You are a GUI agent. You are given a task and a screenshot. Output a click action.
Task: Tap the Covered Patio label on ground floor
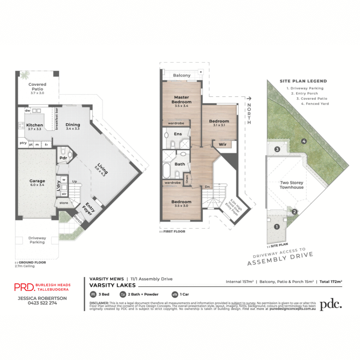pyautogui.click(x=37, y=87)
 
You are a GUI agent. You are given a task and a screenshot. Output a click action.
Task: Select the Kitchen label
pyautogui.click(x=34, y=125)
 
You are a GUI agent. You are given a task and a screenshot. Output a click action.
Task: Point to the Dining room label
pyautogui.click(x=73, y=125)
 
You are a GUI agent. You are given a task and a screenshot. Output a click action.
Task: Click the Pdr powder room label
pyautogui.click(x=63, y=158)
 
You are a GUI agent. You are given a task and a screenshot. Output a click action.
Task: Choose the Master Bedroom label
pyautogui.click(x=181, y=100)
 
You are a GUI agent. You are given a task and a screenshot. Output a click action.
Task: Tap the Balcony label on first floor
pyautogui.click(x=181, y=75)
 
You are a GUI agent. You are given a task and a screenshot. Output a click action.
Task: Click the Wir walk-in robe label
pyautogui.click(x=223, y=144)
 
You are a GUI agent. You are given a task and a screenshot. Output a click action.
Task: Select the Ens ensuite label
pyautogui.click(x=178, y=134)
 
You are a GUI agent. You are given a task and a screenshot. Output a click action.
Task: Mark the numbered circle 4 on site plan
pyautogui.click(x=304, y=141)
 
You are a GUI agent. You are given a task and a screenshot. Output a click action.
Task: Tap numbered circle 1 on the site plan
pyautogui.click(x=277, y=227)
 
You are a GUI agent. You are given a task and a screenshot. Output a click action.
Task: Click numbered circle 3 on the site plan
pyautogui.click(x=277, y=149)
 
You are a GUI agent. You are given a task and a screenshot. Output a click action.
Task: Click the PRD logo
pyautogui.click(x=25, y=287)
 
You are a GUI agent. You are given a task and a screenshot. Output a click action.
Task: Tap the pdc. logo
pyautogui.click(x=331, y=305)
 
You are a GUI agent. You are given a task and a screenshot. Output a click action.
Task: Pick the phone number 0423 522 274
pyautogui.click(x=42, y=303)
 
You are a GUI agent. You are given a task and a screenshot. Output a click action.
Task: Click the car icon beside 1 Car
pyautogui.click(x=175, y=294)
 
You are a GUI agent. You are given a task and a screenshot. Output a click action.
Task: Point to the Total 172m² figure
pyautogui.click(x=331, y=282)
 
